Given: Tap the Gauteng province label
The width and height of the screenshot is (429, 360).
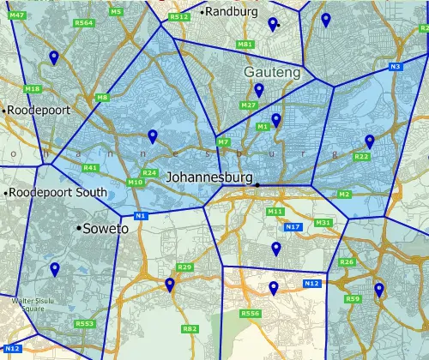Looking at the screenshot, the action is pos(272,73).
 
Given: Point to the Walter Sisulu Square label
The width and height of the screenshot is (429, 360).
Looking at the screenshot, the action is pos(32,303).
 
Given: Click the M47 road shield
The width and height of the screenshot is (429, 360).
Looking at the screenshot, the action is pos(15,15).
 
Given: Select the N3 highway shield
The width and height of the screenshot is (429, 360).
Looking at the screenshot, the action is pos(395,67).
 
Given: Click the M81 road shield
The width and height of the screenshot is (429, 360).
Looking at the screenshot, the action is pos(245,44).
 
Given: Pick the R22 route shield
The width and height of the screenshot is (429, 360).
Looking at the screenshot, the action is pos(361,157).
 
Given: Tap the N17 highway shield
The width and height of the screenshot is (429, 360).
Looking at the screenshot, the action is pos(293,226).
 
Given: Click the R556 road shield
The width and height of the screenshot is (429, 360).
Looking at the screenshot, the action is pos(251,314).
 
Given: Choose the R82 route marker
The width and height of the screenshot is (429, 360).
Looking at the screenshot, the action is pos(190,328).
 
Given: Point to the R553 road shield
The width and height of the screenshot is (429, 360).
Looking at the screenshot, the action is pos(84,323).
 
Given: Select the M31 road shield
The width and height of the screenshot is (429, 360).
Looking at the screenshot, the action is pos(323,223).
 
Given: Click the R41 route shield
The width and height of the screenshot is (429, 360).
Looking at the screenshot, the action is pos(91,168).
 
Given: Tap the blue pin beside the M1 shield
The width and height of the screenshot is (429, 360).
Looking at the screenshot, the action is pos(275,120).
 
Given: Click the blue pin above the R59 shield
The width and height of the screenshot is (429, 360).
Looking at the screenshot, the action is pos(378,290).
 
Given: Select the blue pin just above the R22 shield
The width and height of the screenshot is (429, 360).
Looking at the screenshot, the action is pos(370,141).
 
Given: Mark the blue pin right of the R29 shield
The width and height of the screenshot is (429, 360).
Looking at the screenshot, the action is pos(170,284).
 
